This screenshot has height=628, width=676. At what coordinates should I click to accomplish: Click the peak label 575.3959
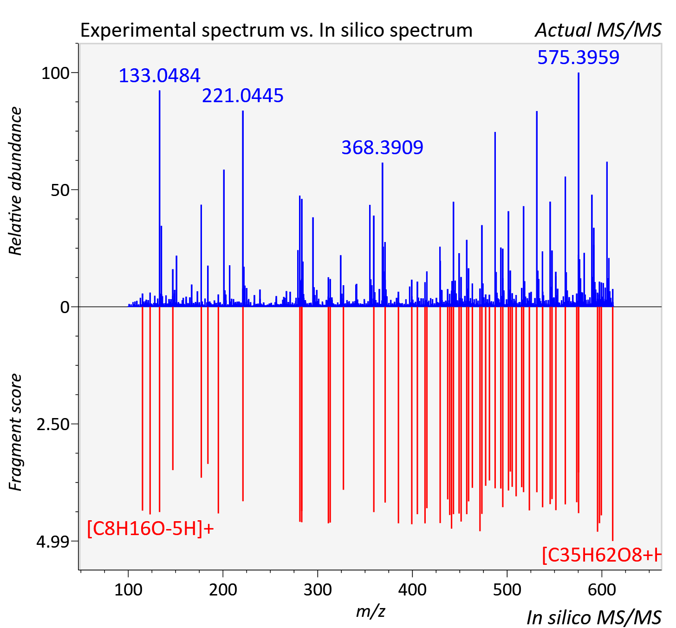coord(578,57)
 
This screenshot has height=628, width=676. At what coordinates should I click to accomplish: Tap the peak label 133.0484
coord(159,75)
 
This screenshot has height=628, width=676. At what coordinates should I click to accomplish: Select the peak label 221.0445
coord(242,95)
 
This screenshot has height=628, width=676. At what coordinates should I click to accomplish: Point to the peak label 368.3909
coord(382,147)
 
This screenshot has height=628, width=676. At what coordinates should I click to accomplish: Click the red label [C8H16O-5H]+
coord(150,529)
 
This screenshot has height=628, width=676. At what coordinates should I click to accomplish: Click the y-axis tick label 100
coord(55,73)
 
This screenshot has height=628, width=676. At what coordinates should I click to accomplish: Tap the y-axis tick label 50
coord(60,190)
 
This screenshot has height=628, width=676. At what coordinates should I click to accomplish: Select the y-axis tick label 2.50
coord(53,424)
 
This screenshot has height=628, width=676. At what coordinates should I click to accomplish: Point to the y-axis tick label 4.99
coord(53,541)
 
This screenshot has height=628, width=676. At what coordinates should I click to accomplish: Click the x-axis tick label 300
coord(318,590)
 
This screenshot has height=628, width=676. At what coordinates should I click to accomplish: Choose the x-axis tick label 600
coord(602,590)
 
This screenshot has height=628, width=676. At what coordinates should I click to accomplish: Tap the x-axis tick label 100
coord(128,590)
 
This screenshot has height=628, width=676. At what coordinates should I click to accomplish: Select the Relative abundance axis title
coord(15,181)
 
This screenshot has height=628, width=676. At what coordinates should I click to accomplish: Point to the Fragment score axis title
coord(15,432)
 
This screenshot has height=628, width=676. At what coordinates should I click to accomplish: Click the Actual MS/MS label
coord(598,30)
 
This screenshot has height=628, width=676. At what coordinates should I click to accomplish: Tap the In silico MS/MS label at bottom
coord(594,618)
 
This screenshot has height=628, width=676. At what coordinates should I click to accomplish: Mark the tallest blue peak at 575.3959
coord(578,190)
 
